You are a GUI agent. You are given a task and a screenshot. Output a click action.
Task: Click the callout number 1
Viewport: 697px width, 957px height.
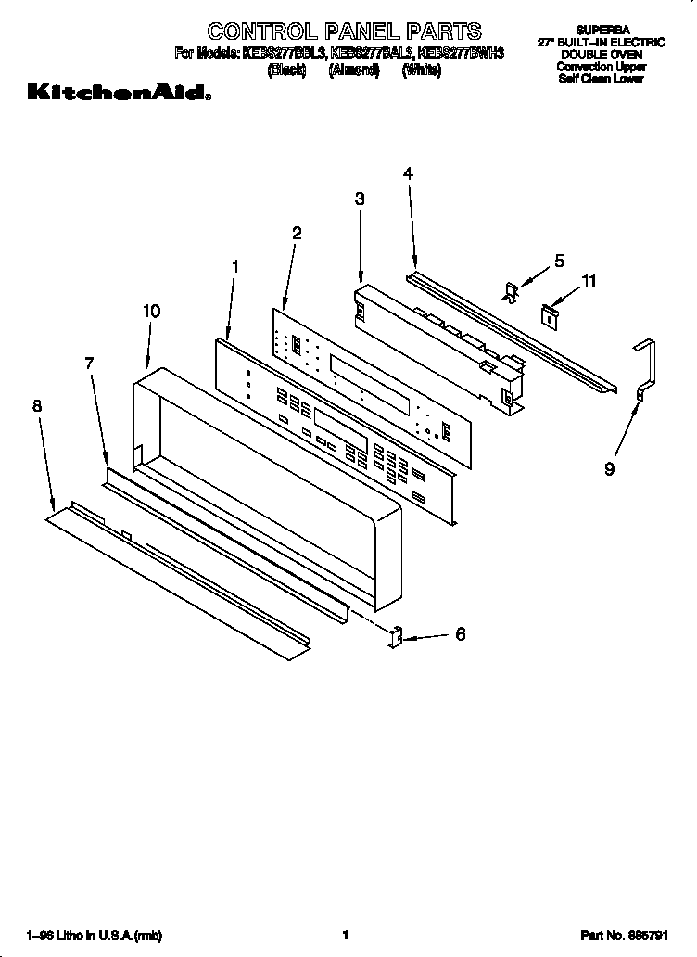(235, 266)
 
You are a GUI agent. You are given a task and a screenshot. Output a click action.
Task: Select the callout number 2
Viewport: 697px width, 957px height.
(297, 233)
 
